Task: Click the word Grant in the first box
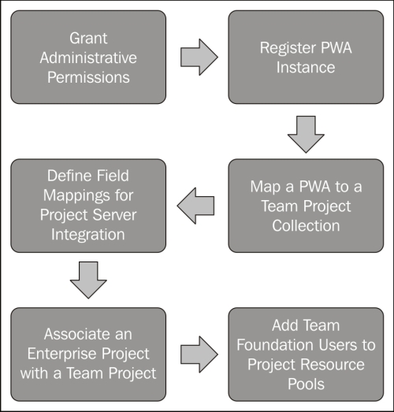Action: pyautogui.click(x=88, y=39)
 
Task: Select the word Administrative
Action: pyautogui.click(x=88, y=58)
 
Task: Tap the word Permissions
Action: pyautogui.click(x=88, y=77)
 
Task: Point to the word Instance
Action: pyautogui.click(x=306, y=68)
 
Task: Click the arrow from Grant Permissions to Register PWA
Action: pyautogui.click(x=199, y=57)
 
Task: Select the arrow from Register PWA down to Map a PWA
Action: pyautogui.click(x=306, y=135)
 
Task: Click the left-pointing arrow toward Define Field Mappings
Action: pyautogui.click(x=195, y=206)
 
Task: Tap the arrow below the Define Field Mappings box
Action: pyautogui.click(x=88, y=280)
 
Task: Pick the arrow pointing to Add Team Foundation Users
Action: pyautogui.click(x=199, y=354)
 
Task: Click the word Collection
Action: pyautogui.click(x=306, y=226)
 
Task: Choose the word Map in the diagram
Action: pyautogui.click(x=266, y=187)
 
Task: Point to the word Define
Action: pyautogui.click(x=69, y=176)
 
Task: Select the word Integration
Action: pyautogui.click(x=88, y=235)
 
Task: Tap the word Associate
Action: pyautogui.click(x=74, y=335)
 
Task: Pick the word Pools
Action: pyautogui.click(x=306, y=384)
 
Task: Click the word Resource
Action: pyautogui.click(x=333, y=365)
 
